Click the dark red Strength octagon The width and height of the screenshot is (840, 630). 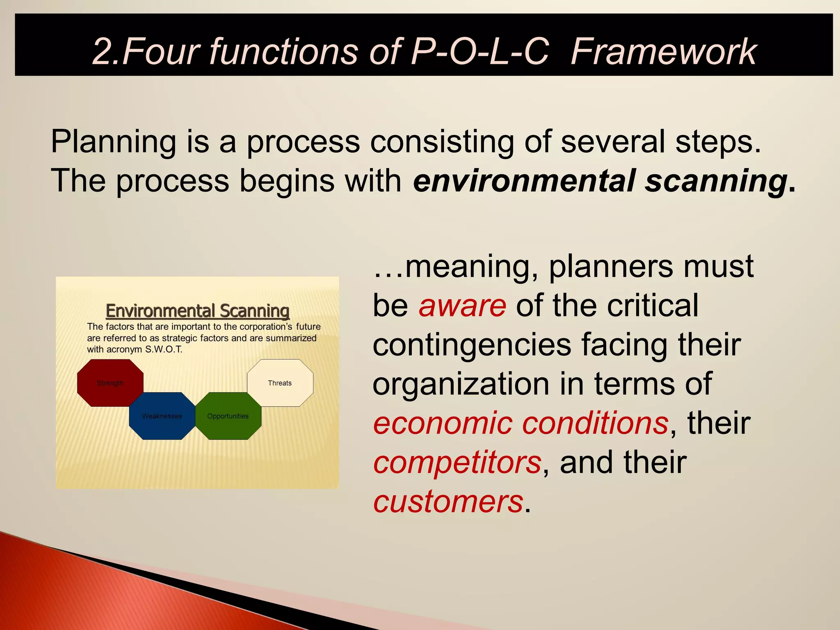pos(110,383)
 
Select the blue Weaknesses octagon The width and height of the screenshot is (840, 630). pos(162,416)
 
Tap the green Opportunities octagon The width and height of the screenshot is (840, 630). pos(228,416)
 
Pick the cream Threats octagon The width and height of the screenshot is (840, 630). pos(280,383)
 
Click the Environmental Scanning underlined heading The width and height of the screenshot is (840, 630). pos(198,310)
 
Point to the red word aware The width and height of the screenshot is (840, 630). pos(462,306)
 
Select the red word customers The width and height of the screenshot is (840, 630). pos(448,501)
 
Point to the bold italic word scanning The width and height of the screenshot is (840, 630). pos(716,180)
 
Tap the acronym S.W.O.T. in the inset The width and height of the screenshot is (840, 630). pos(164,349)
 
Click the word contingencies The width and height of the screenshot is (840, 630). pos(472,345)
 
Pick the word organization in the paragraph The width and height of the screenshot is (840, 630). pos(466,384)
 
